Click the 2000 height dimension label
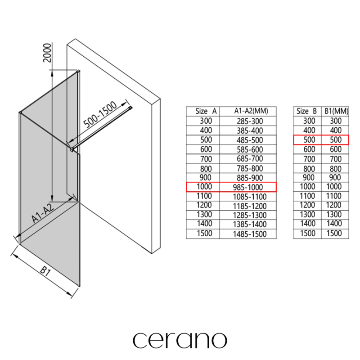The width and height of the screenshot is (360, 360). [x=49, y=54]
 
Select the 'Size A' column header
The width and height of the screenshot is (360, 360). [x=202, y=111]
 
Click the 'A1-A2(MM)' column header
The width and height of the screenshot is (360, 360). [x=248, y=111]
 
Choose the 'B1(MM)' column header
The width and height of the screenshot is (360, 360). [x=336, y=111]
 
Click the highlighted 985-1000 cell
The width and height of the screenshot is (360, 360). [x=248, y=187]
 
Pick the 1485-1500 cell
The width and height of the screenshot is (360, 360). [x=248, y=234]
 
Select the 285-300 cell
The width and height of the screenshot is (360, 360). [x=248, y=121]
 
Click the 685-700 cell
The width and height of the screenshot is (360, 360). [x=248, y=158]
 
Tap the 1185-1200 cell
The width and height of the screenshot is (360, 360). [x=248, y=206]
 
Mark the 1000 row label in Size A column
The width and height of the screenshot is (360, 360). [x=202, y=187]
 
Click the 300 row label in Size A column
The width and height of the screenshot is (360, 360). [x=202, y=121]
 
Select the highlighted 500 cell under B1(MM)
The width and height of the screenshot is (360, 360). [x=336, y=139]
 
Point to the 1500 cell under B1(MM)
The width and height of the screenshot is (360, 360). [x=336, y=234]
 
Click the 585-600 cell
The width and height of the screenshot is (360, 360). [x=248, y=149]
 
